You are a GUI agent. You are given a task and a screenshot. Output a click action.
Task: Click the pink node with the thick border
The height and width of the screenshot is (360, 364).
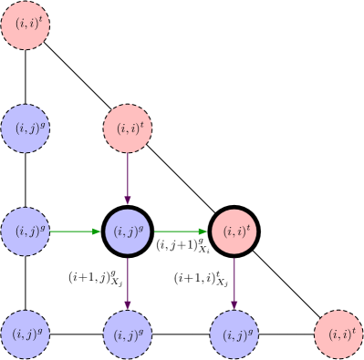pyautogui.click(x=234, y=231)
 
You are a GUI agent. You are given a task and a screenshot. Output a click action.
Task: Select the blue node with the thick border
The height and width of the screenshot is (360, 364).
pyautogui.click(x=128, y=231)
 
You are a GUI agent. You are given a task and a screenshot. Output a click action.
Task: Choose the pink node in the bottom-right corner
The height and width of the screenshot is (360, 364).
pyautogui.click(x=339, y=334)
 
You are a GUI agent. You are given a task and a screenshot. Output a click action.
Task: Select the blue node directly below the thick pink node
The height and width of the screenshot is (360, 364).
pyautogui.click(x=234, y=334)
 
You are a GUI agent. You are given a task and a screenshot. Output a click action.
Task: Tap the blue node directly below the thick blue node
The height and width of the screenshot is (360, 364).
pyautogui.click(x=128, y=334)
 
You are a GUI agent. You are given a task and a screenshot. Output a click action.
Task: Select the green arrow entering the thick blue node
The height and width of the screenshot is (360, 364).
pyautogui.click(x=76, y=231)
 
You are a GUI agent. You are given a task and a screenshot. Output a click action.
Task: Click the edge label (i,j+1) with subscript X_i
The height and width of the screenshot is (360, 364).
pyautogui.click(x=183, y=245)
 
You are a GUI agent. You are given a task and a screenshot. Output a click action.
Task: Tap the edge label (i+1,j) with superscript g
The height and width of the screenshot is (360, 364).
pyautogui.click(x=95, y=277)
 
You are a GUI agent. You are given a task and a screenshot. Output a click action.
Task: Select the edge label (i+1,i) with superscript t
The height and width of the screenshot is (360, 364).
pyautogui.click(x=201, y=277)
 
